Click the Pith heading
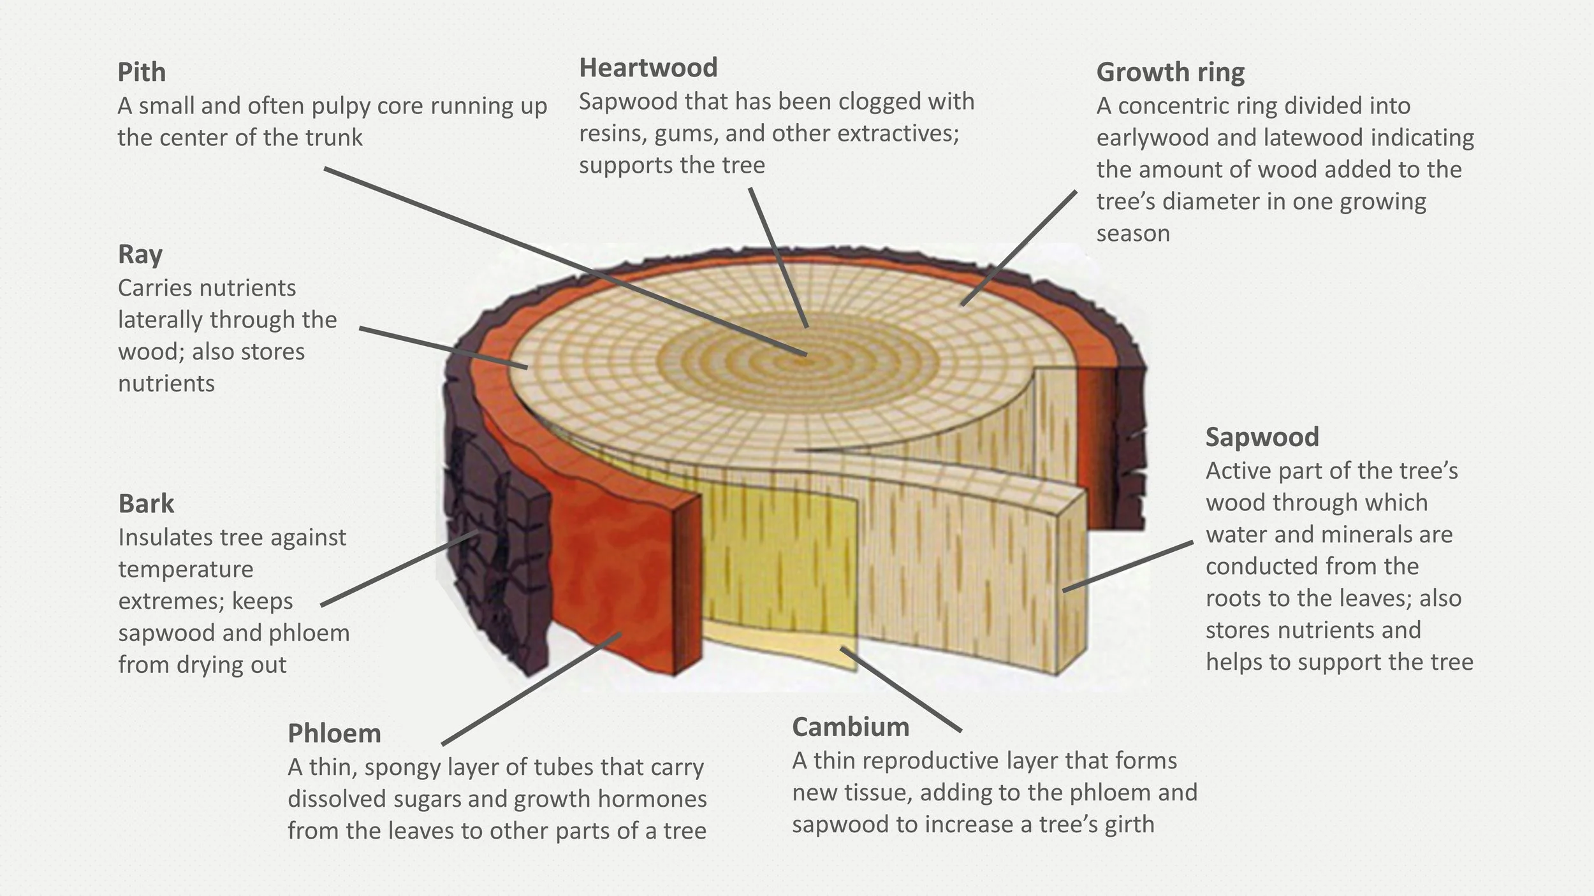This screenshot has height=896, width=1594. tap(142, 72)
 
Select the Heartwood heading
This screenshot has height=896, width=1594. tap(648, 68)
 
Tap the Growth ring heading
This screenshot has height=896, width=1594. tap(1170, 72)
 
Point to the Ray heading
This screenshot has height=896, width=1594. tap(140, 254)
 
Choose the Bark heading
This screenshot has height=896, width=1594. tap(146, 503)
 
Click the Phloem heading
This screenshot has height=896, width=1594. tap(334, 733)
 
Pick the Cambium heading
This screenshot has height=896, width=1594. tap(851, 727)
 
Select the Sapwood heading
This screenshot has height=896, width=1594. tap(1262, 437)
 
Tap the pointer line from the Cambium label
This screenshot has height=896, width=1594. tap(900, 690)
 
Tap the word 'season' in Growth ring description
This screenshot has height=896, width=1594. tap(1133, 233)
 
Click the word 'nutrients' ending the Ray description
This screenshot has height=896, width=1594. tap(166, 384)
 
